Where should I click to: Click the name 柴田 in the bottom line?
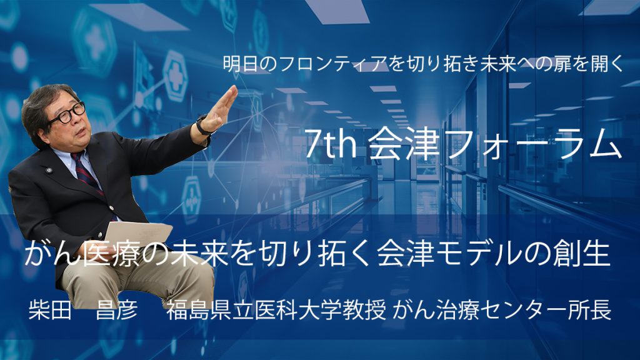click(x=50, y=310)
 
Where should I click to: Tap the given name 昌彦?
click(x=117, y=310)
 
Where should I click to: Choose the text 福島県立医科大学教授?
click(x=276, y=310)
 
